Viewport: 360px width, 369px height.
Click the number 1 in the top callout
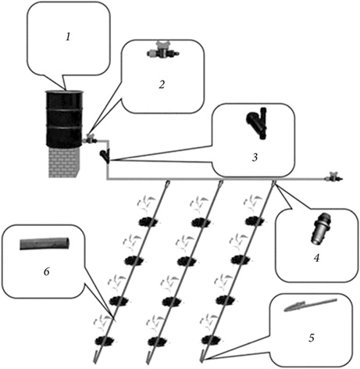[68, 37]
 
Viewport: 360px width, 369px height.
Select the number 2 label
[162, 84]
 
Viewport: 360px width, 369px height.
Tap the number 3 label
[255, 157]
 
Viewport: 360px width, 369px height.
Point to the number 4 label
[316, 258]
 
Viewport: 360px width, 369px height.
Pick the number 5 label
[312, 338]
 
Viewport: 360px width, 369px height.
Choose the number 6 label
[46, 272]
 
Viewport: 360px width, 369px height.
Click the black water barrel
[64, 119]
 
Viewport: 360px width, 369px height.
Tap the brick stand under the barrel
[63, 163]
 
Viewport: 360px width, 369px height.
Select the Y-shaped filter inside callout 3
[257, 123]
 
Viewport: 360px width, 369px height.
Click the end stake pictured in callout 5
[311, 305]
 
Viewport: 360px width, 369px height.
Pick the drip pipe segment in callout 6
[45, 244]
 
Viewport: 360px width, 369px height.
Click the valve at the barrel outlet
[90, 138]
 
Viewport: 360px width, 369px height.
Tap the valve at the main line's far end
[333, 177]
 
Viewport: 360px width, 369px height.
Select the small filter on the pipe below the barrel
[105, 156]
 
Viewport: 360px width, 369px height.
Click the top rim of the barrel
[64, 92]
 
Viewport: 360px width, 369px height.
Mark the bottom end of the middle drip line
[148, 362]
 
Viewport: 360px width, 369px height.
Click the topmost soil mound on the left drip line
[148, 222]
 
